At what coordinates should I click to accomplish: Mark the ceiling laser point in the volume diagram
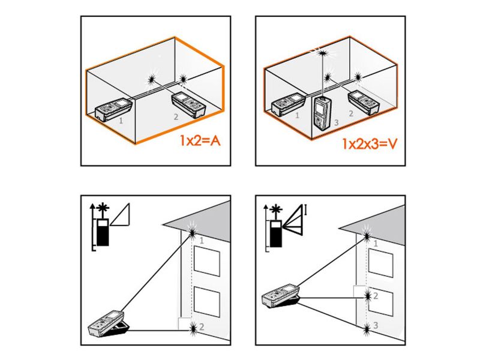tap(323, 52)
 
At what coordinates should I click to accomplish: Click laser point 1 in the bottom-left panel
tap(193, 230)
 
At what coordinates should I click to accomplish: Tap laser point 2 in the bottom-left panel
tap(193, 328)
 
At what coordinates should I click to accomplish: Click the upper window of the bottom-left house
tap(206, 259)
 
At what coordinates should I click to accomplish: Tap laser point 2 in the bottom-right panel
tap(367, 295)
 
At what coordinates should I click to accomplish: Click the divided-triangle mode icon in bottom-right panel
tap(295, 217)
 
